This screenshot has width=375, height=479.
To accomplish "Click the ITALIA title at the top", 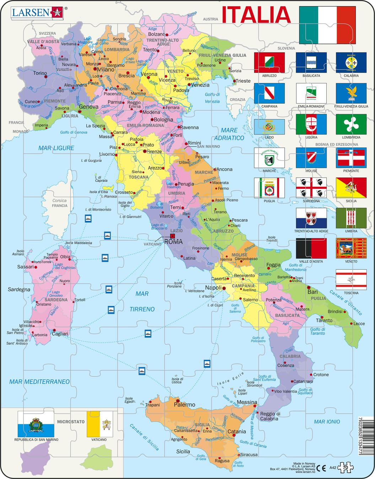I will [x=256, y=15].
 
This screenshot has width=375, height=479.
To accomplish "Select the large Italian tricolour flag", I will [x=327, y=25].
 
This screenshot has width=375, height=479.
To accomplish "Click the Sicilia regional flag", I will [x=351, y=188].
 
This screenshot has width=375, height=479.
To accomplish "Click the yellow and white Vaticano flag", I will [x=100, y=424].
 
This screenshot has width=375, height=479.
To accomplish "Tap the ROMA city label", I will [x=173, y=242].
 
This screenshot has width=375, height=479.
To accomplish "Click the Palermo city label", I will [x=184, y=404].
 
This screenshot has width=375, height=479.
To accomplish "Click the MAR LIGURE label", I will [x=56, y=148].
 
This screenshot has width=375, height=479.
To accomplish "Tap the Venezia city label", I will [x=200, y=85].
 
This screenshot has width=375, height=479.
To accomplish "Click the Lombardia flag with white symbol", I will [x=351, y=124].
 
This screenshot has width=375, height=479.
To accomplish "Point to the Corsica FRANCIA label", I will [x=59, y=203].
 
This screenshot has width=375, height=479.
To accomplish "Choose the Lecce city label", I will [x=359, y=323].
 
